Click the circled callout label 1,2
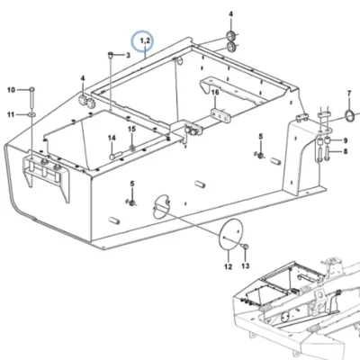click(143, 41)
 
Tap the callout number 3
click(128, 55)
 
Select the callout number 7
click(349, 94)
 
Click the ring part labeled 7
click(350, 116)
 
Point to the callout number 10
click(11, 90)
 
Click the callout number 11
click(11, 114)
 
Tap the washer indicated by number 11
click(31, 114)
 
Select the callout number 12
click(228, 266)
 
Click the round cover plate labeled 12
click(230, 234)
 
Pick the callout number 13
click(246, 265)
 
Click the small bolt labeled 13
click(245, 247)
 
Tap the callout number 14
click(112, 138)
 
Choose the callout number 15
click(132, 129)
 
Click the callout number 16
click(215, 92)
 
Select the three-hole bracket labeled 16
click(221, 115)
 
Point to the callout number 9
click(346, 140)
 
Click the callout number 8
click(346, 151)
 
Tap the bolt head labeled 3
click(111, 55)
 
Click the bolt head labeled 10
click(31, 89)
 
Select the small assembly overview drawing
click(296, 309)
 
